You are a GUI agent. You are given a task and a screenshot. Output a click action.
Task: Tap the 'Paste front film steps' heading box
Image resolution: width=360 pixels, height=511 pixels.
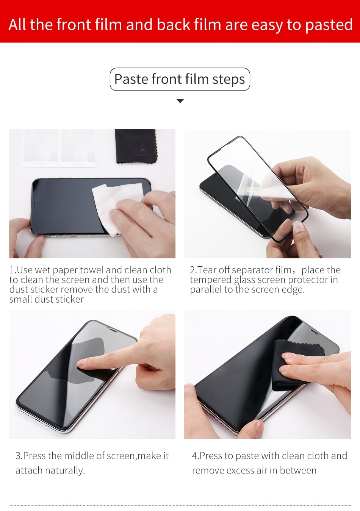pyautogui.click(x=180, y=79)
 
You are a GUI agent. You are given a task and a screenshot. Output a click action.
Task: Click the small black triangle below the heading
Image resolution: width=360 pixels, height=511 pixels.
pyautogui.click(x=180, y=101)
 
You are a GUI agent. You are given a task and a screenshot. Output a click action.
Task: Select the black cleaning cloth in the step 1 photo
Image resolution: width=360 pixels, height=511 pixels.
pyautogui.click(x=136, y=146)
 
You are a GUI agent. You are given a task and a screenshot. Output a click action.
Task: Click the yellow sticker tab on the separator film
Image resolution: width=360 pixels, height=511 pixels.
pyautogui.click(x=254, y=189)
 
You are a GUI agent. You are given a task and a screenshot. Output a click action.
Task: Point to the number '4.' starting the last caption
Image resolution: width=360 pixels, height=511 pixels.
pyautogui.click(x=196, y=456)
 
